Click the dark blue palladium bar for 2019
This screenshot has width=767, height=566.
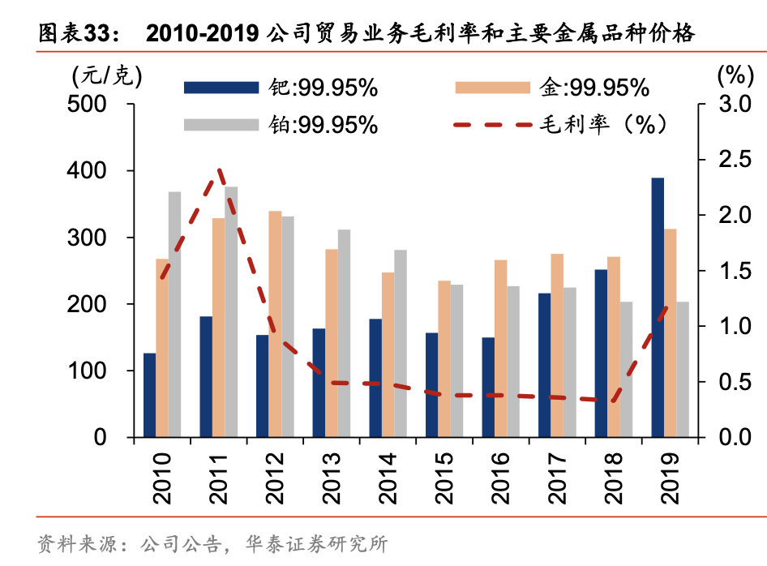(658, 307)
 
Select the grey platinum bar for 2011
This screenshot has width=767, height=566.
(231, 311)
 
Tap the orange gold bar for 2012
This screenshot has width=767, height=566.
(275, 324)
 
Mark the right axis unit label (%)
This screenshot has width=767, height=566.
(735, 75)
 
